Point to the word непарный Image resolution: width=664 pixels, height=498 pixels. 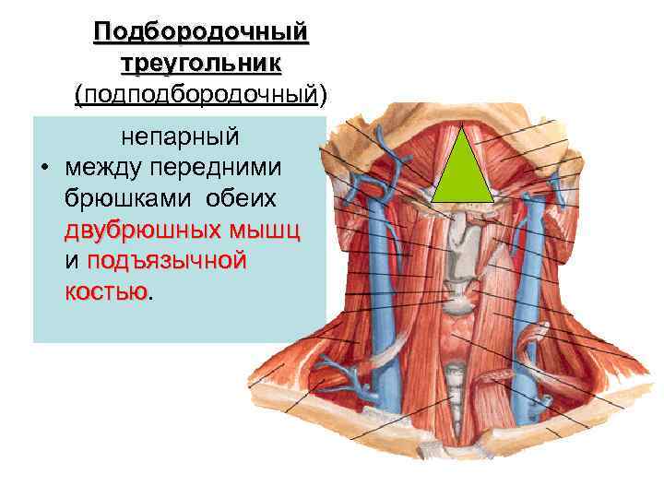coord(181,136)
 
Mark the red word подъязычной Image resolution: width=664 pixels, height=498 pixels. coord(167,261)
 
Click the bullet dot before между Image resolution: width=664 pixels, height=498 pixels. coord(43,169)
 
